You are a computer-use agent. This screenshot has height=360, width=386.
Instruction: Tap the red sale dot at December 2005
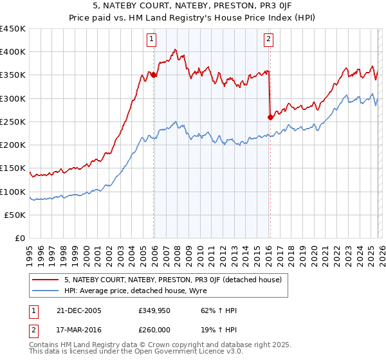[x=154, y=75]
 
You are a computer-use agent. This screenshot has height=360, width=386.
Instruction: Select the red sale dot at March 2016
[x=270, y=117]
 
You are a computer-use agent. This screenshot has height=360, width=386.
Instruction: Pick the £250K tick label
[x=14, y=122]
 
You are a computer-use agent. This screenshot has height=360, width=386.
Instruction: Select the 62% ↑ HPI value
[x=211, y=310]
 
